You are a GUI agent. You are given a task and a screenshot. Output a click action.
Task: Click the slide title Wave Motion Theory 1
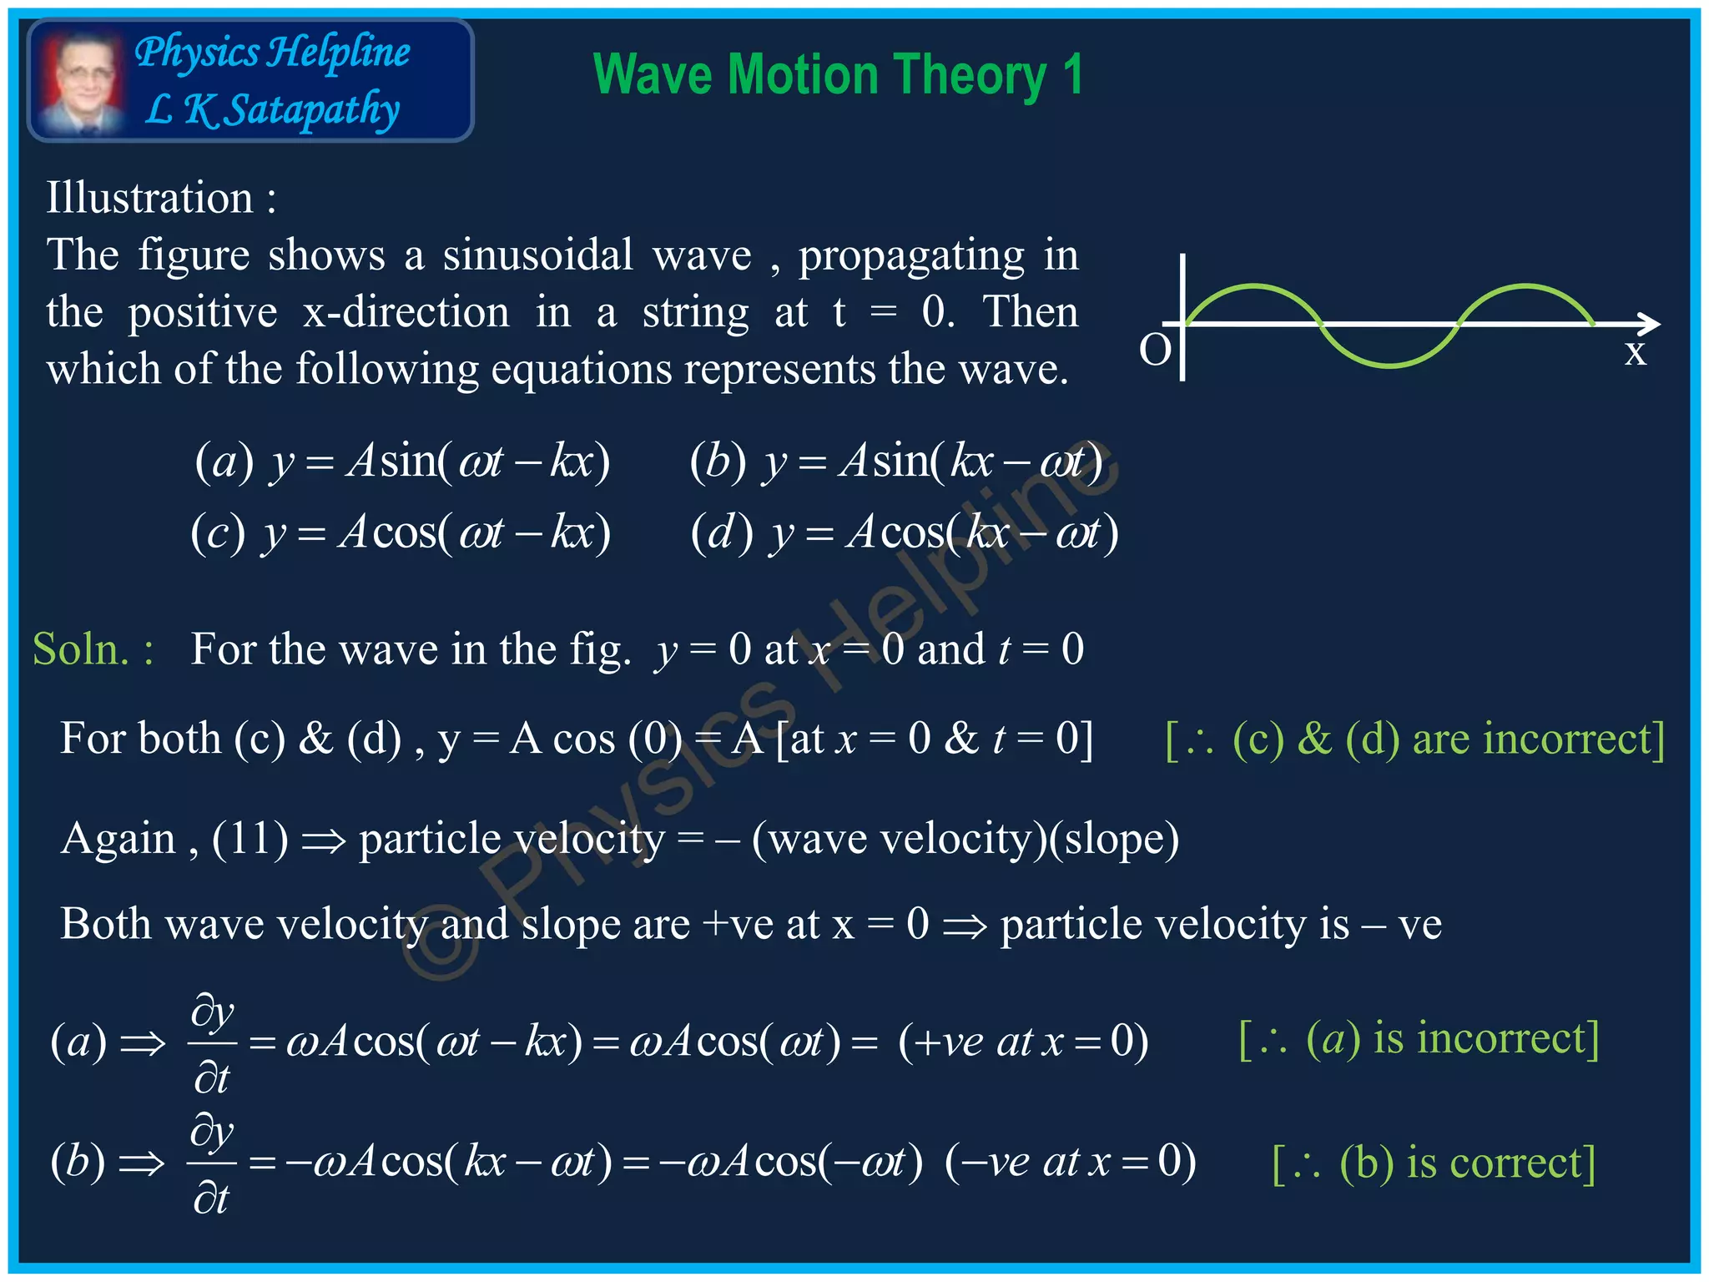(838, 75)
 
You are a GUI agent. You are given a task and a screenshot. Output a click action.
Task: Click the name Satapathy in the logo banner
(313, 110)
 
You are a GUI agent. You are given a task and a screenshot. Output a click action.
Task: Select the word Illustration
(150, 198)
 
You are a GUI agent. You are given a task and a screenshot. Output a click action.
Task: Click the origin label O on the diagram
(1156, 351)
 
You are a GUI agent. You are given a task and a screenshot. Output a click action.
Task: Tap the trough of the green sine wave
(1389, 365)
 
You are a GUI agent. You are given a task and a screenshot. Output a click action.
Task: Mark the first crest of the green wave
(1253, 287)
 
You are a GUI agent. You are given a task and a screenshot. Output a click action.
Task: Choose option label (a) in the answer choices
(224, 462)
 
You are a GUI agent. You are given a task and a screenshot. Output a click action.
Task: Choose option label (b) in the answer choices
(718, 462)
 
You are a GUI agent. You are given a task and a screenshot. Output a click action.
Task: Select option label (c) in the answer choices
(219, 532)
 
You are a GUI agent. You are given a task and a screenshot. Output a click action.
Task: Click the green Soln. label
(92, 649)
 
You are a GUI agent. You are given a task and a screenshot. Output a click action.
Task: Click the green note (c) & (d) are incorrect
(1414, 739)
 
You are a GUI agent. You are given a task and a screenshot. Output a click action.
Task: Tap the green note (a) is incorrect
(1419, 1039)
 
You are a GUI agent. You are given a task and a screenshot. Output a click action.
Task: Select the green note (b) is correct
(1433, 1163)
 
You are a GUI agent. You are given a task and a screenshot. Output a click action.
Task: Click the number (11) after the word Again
(250, 839)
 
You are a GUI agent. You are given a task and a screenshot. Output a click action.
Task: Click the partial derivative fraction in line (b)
(212, 1163)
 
